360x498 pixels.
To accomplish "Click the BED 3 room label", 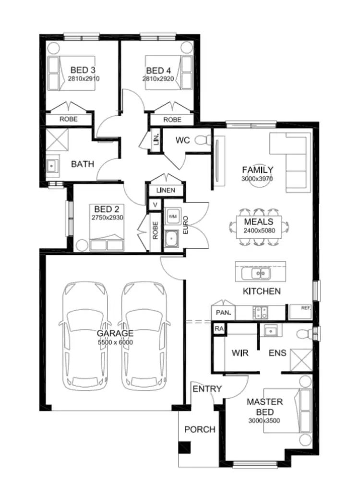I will pos(83,71).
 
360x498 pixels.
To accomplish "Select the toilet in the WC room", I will pos(205,140).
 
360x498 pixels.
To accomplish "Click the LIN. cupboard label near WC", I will pos(156,140).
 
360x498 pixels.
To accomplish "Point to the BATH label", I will pos(83,164).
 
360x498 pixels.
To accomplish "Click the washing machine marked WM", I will pos(172,217).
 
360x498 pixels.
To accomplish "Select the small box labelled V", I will pos(155,205).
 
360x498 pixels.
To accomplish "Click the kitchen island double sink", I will pos(255,274).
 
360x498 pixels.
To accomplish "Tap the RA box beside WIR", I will pos(219,329).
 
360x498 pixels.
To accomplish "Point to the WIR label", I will pos(240,353).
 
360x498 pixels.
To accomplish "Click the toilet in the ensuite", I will pos(304,333).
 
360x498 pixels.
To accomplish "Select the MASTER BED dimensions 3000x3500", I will pos(264,421).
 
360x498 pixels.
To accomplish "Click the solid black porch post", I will pos(184,448).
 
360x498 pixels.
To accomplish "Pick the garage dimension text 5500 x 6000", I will pos(115,342).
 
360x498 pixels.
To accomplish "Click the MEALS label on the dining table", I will pos(258,222).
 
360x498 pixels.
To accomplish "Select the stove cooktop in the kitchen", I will pos(260,313).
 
